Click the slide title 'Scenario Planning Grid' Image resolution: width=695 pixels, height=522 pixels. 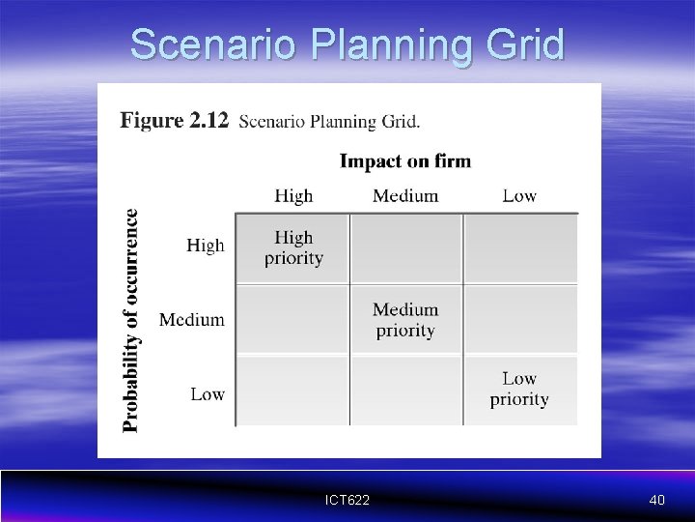[347, 44]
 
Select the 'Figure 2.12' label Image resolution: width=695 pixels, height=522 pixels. [174, 121]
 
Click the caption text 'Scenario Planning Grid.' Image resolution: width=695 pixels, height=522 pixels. [329, 122]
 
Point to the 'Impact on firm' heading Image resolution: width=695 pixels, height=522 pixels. [405, 160]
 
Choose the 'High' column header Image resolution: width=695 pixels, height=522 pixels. [293, 196]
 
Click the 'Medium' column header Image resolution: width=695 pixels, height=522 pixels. [405, 196]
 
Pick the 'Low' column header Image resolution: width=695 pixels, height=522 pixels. [519, 196]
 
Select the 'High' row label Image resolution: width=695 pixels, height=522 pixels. [205, 246]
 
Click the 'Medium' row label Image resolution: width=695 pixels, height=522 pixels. [192, 319]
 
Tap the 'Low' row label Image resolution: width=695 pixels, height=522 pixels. [208, 393]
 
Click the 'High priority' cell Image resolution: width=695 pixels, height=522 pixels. [293, 247]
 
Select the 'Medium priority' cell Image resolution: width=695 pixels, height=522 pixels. [405, 320]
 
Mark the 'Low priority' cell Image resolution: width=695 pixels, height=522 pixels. [519, 390]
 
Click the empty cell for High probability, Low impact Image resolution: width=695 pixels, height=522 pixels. [520, 248]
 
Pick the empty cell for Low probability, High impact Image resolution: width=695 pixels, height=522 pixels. [292, 391]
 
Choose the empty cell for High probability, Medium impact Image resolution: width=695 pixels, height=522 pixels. [405, 248]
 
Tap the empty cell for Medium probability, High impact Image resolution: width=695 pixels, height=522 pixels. [292, 320]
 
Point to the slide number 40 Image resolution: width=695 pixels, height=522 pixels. [656, 500]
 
